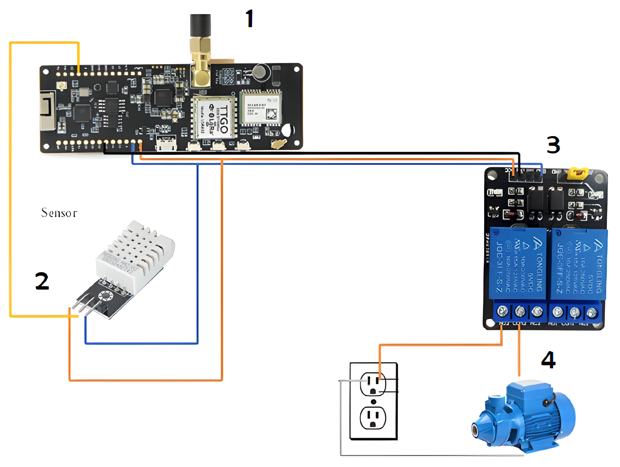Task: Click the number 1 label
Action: (249, 18)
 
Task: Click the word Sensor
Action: (59, 213)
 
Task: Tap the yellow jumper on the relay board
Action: (577, 173)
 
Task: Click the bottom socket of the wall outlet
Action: (373, 418)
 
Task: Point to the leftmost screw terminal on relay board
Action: (502, 311)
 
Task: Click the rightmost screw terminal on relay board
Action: (592, 313)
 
